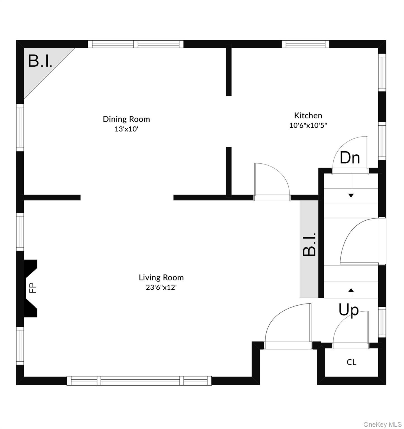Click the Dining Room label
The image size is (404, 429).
[126, 119]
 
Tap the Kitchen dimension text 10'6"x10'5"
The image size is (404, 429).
[308, 125]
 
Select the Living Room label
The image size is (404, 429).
[161, 278]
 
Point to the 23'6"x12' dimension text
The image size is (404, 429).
[161, 287]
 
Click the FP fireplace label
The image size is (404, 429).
[33, 288]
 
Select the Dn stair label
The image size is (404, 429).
[350, 158]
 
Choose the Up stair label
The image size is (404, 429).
[348, 310]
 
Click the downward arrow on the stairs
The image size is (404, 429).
[351, 193]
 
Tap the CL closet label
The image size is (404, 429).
[351, 362]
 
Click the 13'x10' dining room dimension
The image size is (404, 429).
[126, 129]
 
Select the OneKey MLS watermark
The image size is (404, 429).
[383, 425]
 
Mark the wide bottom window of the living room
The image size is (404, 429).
[139, 380]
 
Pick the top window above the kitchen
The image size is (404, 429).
[305, 44]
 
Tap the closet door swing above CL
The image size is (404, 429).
[350, 331]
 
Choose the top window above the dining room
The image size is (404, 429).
[136, 44]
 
